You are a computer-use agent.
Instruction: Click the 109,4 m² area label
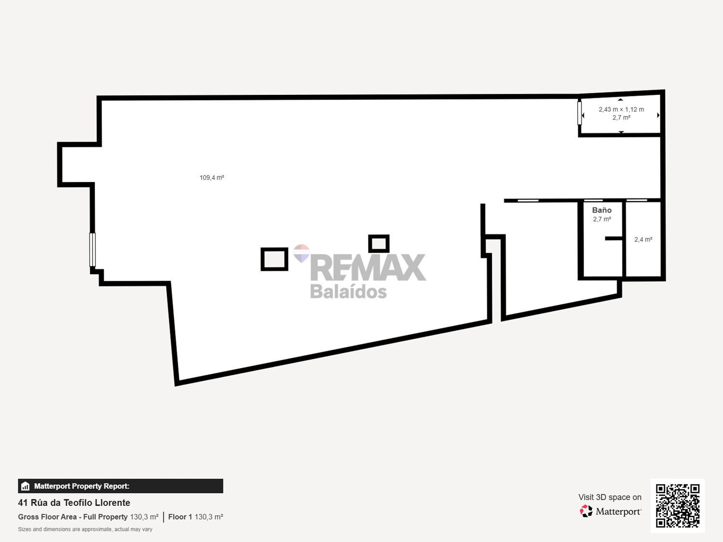(212, 178)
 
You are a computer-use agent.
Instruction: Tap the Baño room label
(602, 210)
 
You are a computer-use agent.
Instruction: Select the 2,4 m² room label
(643, 239)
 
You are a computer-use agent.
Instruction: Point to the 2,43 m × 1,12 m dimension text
(621, 109)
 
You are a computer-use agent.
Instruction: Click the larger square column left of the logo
(274, 259)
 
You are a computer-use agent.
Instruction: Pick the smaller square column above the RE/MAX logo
(379, 244)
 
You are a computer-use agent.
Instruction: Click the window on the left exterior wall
(93, 250)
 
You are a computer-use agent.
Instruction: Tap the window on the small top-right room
(579, 113)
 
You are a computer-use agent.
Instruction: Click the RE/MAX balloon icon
(301, 252)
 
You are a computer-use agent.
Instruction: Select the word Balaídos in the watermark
(348, 291)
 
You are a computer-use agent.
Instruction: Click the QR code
(677, 505)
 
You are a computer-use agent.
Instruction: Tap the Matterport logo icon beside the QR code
(586, 511)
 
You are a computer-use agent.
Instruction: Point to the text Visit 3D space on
(610, 497)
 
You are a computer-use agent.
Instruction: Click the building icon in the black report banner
(26, 486)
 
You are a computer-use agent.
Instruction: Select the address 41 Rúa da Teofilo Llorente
(74, 502)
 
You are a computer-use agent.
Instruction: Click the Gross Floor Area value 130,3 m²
(144, 517)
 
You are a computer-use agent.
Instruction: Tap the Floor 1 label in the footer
(180, 517)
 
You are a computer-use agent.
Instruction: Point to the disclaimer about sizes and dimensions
(85, 529)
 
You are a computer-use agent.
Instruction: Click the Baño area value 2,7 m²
(602, 219)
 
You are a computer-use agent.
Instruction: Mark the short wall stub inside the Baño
(614, 238)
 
